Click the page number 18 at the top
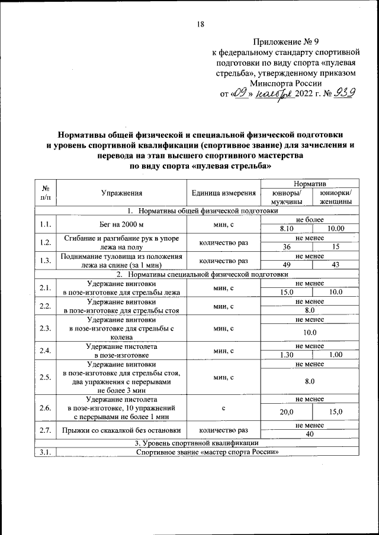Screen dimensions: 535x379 point(200,24)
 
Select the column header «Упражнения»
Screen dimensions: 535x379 point(121,193)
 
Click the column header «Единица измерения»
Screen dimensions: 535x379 point(223,193)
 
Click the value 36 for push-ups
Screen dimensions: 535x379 point(287,247)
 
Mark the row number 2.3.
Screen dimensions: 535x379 point(44,328)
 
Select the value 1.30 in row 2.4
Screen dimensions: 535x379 point(287,354)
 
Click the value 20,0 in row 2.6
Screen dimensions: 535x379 point(287,412)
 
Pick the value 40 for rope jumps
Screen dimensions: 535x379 point(310,434)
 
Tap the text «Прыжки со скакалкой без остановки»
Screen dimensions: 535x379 point(121,430)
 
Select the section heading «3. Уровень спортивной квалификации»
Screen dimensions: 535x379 point(196,443)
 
